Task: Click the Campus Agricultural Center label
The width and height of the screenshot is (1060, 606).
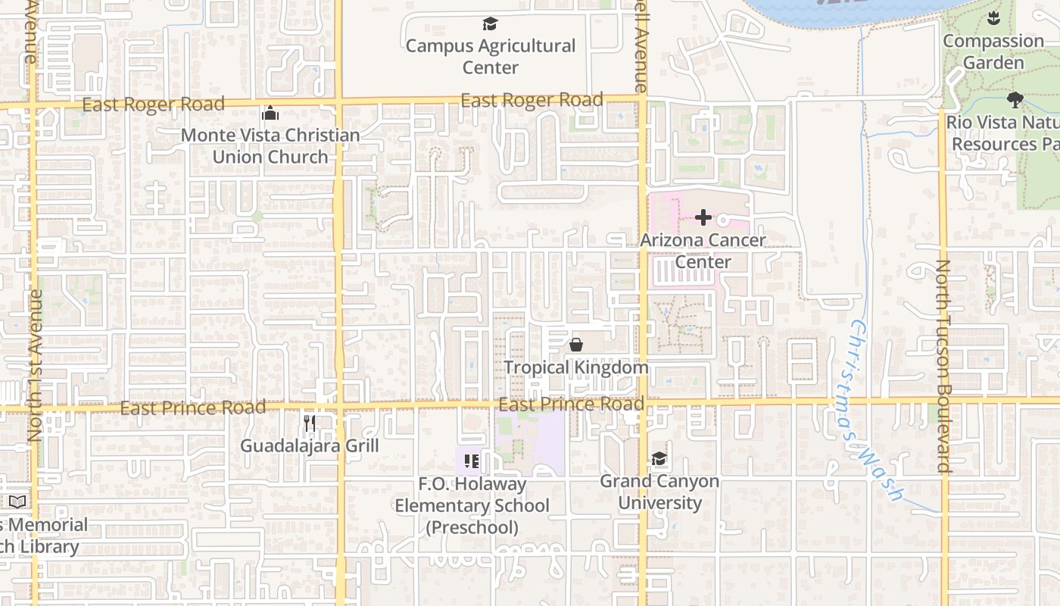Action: (x=491, y=57)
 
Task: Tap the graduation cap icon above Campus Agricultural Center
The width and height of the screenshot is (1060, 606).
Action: (x=491, y=24)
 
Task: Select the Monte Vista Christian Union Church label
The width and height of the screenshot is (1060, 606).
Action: (x=270, y=146)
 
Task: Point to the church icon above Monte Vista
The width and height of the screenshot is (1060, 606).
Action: (x=270, y=114)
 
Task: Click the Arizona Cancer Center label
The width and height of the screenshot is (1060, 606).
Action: (x=703, y=251)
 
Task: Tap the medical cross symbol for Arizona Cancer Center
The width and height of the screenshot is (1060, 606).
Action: (x=703, y=218)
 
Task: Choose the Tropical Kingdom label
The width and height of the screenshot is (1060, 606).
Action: (x=576, y=368)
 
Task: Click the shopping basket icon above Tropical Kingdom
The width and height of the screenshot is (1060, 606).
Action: (x=576, y=345)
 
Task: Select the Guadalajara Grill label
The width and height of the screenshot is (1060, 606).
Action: (x=310, y=445)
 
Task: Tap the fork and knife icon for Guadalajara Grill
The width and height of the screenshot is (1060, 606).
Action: (x=310, y=423)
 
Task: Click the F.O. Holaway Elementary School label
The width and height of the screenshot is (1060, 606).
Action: (x=472, y=505)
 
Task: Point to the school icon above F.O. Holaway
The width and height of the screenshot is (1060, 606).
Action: (x=472, y=461)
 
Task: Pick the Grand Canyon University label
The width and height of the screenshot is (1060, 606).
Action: (x=659, y=492)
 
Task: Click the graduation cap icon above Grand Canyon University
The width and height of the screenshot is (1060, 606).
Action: (x=659, y=459)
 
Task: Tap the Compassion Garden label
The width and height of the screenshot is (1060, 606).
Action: (x=993, y=52)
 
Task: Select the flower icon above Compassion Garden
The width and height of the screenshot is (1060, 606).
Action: (x=993, y=19)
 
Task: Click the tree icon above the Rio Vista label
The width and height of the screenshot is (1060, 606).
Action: (x=1015, y=99)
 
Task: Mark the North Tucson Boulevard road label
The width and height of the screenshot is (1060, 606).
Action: (x=943, y=367)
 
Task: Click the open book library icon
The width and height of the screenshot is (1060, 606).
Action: (x=17, y=501)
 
